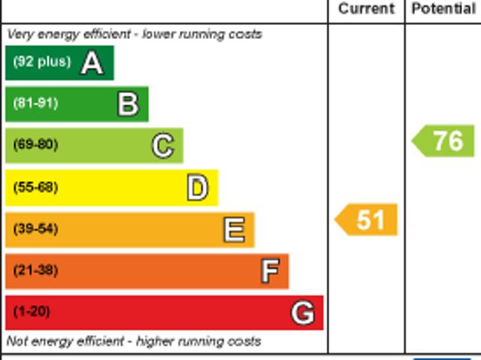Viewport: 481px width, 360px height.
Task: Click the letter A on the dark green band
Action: [92, 63]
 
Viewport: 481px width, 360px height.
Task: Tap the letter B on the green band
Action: [128, 104]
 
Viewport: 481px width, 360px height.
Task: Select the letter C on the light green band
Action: [162, 146]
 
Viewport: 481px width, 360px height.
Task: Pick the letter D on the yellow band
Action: [197, 188]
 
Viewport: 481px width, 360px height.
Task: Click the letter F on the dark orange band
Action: [270, 271]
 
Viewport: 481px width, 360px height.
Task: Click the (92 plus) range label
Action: [41, 62]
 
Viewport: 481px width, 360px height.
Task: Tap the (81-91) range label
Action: [35, 103]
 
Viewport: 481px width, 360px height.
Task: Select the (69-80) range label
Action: [35, 144]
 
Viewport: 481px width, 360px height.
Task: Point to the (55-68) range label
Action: [35, 187]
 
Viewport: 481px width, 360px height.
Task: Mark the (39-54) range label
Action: [35, 228]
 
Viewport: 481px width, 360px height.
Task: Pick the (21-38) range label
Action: [35, 270]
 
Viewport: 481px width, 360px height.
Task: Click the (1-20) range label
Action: [32, 311]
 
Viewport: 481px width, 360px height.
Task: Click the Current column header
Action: [366, 9]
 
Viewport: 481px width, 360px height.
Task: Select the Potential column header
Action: [443, 9]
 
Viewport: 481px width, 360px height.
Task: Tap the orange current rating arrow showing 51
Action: [366, 220]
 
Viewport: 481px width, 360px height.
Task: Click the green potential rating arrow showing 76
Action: [444, 141]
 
